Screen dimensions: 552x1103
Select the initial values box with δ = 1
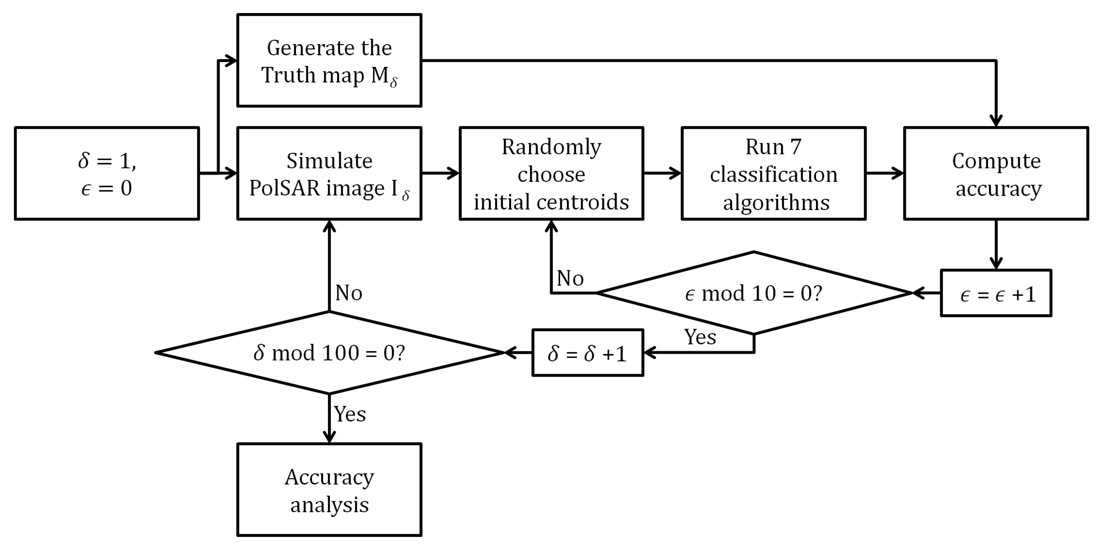(107, 173)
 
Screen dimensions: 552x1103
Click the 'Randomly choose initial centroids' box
(551, 173)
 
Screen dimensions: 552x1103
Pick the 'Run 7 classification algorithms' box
(773, 173)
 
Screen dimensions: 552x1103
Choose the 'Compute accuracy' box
(996, 173)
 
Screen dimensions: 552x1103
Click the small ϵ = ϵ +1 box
(996, 293)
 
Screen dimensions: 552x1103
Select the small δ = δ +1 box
(588, 353)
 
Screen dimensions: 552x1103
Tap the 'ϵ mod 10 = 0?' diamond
(754, 293)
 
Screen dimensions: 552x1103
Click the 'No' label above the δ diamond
(349, 293)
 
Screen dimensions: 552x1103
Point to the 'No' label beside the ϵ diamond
(570, 279)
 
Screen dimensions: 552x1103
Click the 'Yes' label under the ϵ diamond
(700, 337)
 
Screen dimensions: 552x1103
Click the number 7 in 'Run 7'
(795, 147)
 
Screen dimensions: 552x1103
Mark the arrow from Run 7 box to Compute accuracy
(884, 173)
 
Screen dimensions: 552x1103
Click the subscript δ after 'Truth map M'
(393, 83)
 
